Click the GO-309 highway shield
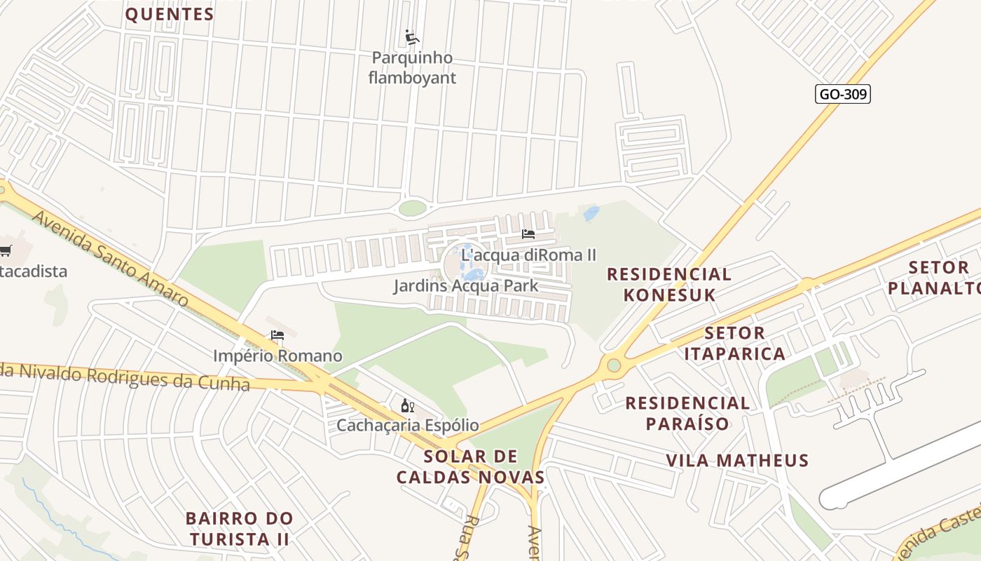(843, 94)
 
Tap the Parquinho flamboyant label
(412, 67)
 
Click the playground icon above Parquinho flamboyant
(412, 37)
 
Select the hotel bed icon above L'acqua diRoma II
(528, 234)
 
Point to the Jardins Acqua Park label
(465, 286)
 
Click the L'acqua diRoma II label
(528, 255)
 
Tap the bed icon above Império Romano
(277, 336)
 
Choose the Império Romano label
(277, 356)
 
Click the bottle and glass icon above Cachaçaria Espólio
(407, 405)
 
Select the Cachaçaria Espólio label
(408, 426)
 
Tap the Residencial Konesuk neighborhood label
(669, 284)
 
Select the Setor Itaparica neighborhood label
(734, 343)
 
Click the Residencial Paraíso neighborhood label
(687, 413)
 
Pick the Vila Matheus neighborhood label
(737, 461)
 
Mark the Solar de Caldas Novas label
(470, 467)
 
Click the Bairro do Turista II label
(239, 529)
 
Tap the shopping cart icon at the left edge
(6, 250)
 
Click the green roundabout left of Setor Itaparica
(614, 365)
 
